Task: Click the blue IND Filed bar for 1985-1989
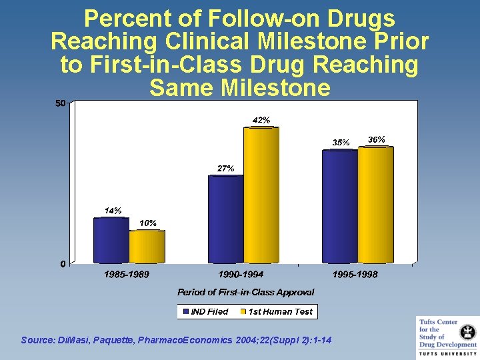coord(111,240)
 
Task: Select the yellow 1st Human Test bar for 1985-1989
coord(147,247)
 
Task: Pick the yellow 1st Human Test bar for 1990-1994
coord(261,195)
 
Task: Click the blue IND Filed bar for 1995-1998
coord(340,207)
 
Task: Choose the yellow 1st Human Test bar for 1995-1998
coord(376,205)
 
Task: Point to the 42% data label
coord(261,121)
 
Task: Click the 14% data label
coord(113,211)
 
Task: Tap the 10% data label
coord(148,223)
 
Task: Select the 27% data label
coord(225,169)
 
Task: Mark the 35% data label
coord(341,143)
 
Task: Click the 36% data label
coord(377,139)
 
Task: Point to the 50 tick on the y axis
coord(60,103)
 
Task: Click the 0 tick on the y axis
coord(63,264)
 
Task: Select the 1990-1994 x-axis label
coord(241,275)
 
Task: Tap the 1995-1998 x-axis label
coord(355,275)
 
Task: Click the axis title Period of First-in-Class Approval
coord(245,292)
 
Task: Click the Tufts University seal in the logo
coord(468,331)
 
